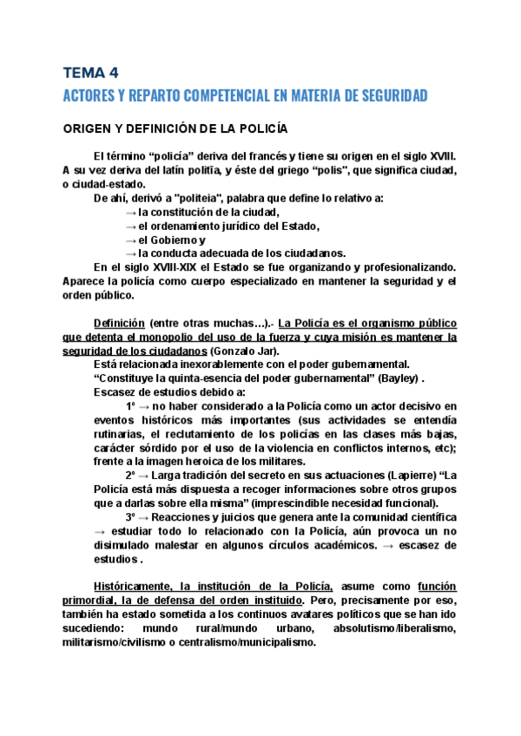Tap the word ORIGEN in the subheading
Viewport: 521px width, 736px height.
click(87, 129)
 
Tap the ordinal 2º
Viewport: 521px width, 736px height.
click(130, 476)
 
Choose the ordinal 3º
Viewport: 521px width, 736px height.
click(130, 518)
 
